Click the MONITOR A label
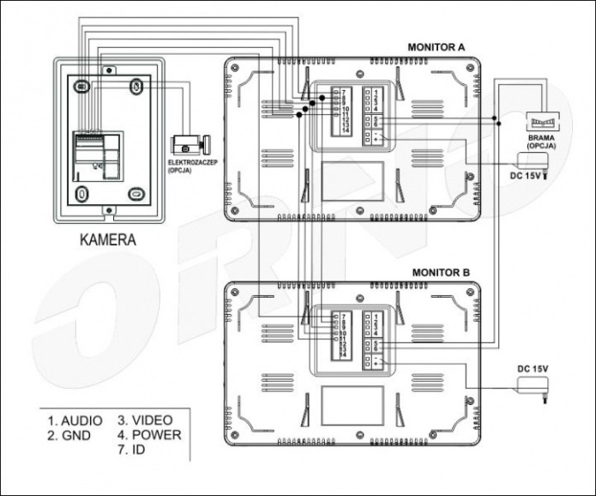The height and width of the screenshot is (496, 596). pyautogui.click(x=437, y=47)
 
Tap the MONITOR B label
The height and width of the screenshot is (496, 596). pyautogui.click(x=441, y=273)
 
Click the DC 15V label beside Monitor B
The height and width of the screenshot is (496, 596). pyautogui.click(x=532, y=368)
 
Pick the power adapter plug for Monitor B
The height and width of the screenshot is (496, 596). pyautogui.click(x=533, y=391)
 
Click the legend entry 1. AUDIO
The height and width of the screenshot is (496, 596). pyautogui.click(x=75, y=420)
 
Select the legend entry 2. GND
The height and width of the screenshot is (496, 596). pyautogui.click(x=69, y=435)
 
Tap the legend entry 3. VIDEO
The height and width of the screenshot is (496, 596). pyautogui.click(x=146, y=420)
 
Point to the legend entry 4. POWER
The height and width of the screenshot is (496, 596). pyautogui.click(x=150, y=435)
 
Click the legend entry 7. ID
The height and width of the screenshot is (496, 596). pyautogui.click(x=133, y=450)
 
